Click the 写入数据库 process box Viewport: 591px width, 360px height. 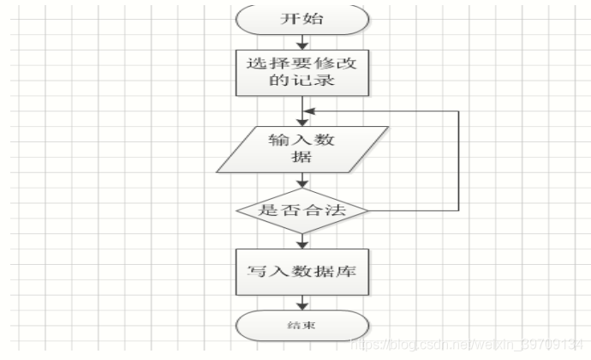pyautogui.click(x=304, y=273)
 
